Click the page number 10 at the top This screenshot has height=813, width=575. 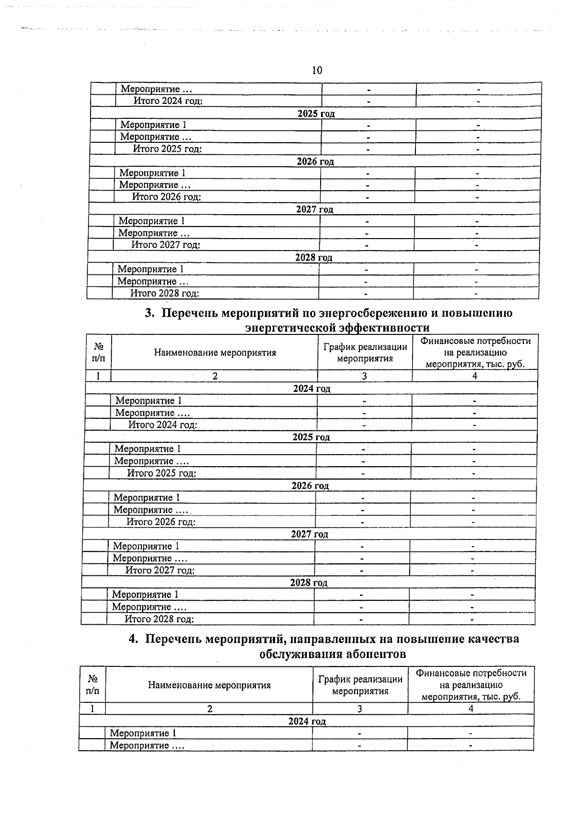(x=317, y=70)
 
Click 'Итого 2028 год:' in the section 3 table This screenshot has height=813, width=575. (x=159, y=619)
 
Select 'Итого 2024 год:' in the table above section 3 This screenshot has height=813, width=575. (x=168, y=101)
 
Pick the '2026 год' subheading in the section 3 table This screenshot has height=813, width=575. (x=310, y=486)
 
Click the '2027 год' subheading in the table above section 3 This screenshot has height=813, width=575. (x=314, y=209)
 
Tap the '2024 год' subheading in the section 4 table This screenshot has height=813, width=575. (x=307, y=721)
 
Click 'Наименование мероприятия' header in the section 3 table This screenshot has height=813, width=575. (x=215, y=353)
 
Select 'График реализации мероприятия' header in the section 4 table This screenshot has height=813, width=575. (x=360, y=685)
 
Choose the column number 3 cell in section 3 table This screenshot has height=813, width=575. (x=364, y=377)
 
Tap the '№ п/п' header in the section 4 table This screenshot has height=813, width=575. (x=93, y=685)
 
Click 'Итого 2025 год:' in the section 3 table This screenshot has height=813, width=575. (x=161, y=473)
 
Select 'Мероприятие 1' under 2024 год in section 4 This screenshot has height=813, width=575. (x=143, y=733)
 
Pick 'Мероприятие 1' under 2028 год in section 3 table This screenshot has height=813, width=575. (x=145, y=595)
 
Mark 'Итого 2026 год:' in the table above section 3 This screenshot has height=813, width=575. (x=166, y=197)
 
